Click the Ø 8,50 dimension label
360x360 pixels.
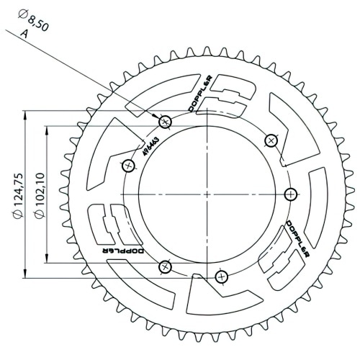coord(33,21)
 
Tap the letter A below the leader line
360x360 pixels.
coord(24,34)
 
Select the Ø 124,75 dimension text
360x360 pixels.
coord(18,196)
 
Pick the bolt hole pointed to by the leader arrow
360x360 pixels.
coord(165,122)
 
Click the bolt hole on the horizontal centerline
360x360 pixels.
coord(291,194)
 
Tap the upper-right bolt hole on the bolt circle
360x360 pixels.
coord(271,140)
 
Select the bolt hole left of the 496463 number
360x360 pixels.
coord(128,166)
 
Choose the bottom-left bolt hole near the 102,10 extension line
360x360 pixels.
coord(165,266)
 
